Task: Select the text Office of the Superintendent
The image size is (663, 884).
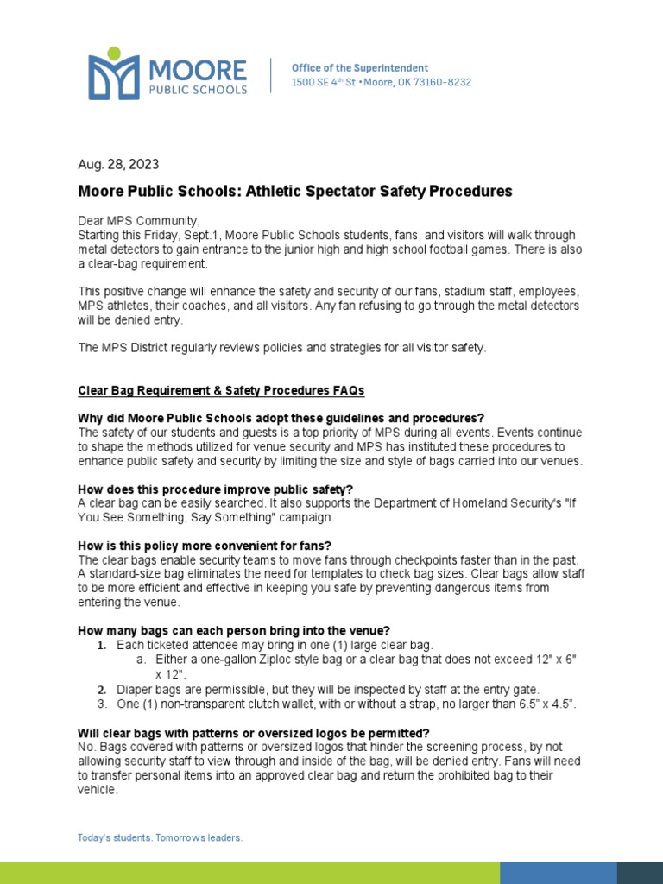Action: [x=359, y=67]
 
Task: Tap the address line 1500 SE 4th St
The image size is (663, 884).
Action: [x=381, y=82]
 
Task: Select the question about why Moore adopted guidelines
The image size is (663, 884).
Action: [x=281, y=418]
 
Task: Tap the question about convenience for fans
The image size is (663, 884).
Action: [x=205, y=546]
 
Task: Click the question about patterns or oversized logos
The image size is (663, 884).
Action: [x=254, y=733]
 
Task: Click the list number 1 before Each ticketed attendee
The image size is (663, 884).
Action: [x=101, y=646]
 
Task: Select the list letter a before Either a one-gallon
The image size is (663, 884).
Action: [x=140, y=660]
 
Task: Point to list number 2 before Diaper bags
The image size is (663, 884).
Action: [x=101, y=690]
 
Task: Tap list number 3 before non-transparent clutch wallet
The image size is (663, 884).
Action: [x=101, y=704]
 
